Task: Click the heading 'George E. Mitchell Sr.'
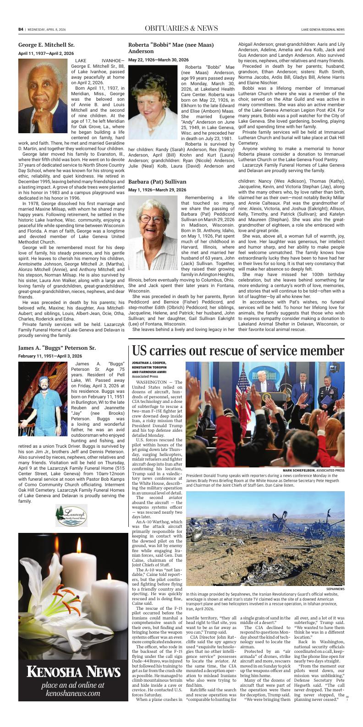pyautogui.click(x=46, y=45)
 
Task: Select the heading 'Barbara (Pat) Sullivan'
pyautogui.click(x=157, y=182)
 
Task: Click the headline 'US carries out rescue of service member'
pyautogui.click(x=238, y=351)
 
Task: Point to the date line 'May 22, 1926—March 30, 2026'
pyautogui.click(x=158, y=60)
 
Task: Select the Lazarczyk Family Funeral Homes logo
pyautogui.click(x=71, y=515)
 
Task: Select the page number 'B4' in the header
pyautogui.click(x=21, y=29)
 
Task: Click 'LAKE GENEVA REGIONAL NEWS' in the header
pyautogui.click(x=323, y=29)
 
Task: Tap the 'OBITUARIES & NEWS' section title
pyautogui.click(x=181, y=28)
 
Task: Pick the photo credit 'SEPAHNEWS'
pyautogui.click(x=335, y=589)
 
